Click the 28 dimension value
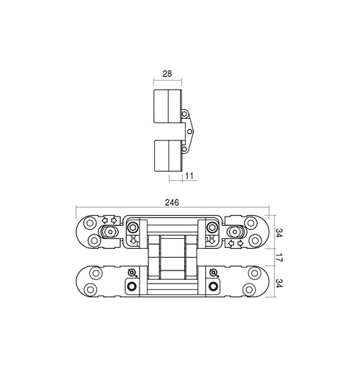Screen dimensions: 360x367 pos(167,73)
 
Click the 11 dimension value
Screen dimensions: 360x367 pos(189,176)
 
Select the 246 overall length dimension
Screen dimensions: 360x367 pos(172,203)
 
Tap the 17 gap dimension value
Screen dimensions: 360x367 pos(278,257)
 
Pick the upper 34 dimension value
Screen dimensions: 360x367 pos(278,233)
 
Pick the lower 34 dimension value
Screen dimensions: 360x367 pos(278,284)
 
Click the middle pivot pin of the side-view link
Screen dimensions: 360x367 pos(189,132)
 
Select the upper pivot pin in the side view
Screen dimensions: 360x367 pos(184,114)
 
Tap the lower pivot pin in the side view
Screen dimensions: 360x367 pos(184,149)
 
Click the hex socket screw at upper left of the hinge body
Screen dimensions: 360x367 pos(132,227)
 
